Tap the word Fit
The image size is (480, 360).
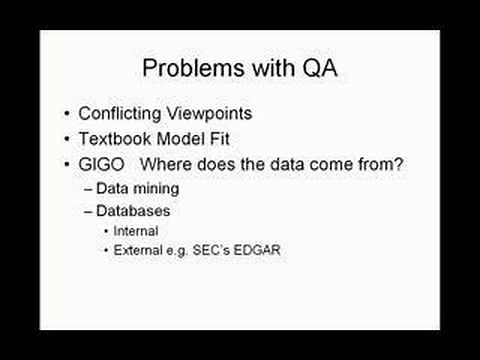[226, 139]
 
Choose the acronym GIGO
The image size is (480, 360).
[102, 164]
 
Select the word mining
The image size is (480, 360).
[159, 188]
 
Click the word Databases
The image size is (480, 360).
[135, 211]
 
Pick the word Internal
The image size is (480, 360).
[137, 231]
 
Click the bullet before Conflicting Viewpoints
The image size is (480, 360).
[66, 114]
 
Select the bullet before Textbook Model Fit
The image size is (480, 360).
[66, 139]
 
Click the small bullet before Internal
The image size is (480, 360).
[106, 231]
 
